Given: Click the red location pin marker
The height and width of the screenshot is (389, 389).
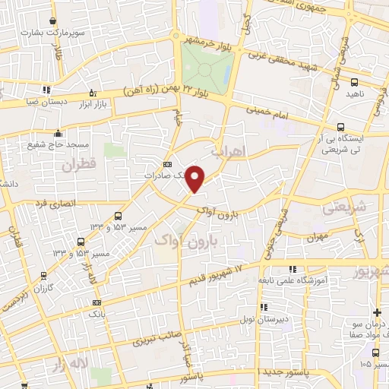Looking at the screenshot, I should tap(196, 178).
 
